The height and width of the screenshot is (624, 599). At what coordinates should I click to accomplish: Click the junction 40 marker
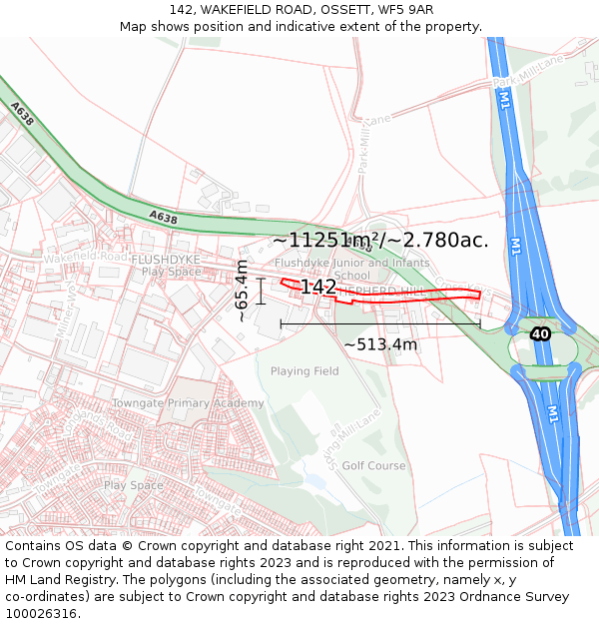click(540, 333)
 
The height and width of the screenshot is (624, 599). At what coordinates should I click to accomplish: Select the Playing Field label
click(304, 371)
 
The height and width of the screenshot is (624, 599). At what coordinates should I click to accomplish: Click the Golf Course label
click(374, 465)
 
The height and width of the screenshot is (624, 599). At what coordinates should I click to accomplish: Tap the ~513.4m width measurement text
click(380, 344)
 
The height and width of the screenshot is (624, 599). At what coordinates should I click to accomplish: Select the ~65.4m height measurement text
click(242, 291)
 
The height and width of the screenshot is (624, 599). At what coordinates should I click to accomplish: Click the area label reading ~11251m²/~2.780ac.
click(380, 241)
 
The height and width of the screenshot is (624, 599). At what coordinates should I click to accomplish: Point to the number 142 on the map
click(318, 288)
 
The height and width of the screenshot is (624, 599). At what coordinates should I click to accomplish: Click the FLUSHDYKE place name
click(166, 260)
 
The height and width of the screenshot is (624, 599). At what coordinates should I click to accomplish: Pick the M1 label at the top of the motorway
click(505, 97)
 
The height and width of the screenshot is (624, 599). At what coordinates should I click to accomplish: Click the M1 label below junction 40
click(553, 412)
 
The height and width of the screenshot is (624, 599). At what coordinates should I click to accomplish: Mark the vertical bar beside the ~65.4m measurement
click(261, 291)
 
